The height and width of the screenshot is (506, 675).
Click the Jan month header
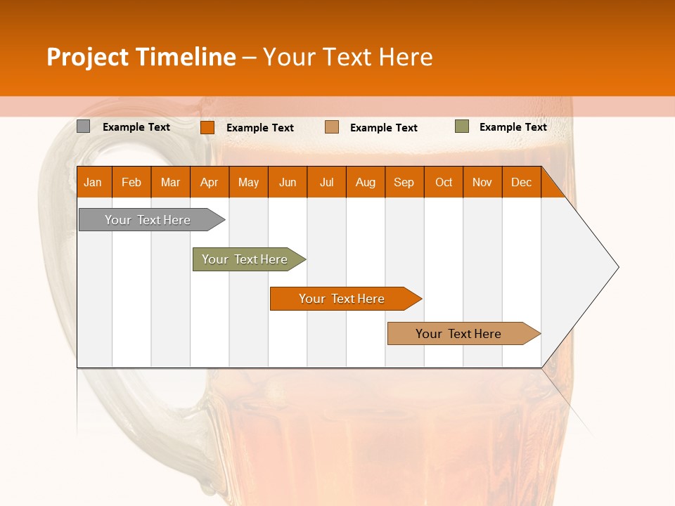point(94,182)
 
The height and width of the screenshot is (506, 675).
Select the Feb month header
point(131,182)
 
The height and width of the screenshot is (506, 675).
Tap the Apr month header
point(210,182)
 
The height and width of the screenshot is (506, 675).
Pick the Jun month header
point(288,182)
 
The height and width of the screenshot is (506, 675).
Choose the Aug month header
point(366,182)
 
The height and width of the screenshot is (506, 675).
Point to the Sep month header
point(404,182)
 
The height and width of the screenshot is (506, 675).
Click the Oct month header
point(444,182)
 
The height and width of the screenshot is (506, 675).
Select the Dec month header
point(522,182)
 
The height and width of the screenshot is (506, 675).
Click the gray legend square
point(84,126)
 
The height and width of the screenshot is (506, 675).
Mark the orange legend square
point(207,127)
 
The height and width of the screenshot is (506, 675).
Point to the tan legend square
point(332,127)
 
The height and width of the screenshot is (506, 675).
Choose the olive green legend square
point(462,126)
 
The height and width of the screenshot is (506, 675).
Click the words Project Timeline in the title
point(141,57)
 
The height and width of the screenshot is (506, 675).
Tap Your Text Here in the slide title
point(348,57)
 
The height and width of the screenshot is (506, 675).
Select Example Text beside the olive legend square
point(513,127)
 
